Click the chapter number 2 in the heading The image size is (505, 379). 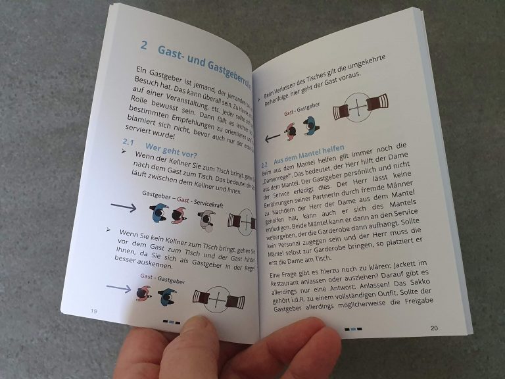coord(144,45)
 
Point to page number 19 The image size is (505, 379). coord(94,310)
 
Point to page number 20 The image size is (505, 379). coord(434,328)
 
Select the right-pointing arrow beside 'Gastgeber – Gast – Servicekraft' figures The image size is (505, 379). coord(123,209)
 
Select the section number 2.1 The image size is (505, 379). coord(128,143)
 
